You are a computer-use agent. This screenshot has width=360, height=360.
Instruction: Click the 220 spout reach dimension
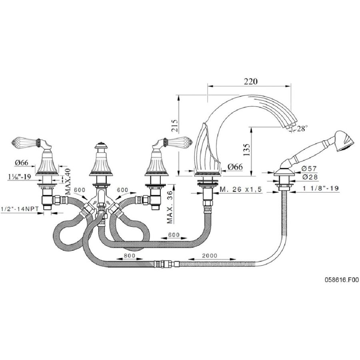[x=251, y=81]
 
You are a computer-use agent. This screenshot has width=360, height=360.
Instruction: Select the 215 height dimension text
[x=174, y=125]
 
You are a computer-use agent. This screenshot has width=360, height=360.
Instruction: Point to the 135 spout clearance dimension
[x=246, y=150]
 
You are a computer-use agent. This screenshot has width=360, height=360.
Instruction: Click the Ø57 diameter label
[x=309, y=169]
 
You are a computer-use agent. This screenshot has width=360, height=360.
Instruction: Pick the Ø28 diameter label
[x=310, y=177]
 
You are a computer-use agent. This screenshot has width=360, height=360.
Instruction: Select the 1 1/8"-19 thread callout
[x=320, y=188]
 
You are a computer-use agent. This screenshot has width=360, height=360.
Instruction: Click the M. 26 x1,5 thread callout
[x=240, y=190]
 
